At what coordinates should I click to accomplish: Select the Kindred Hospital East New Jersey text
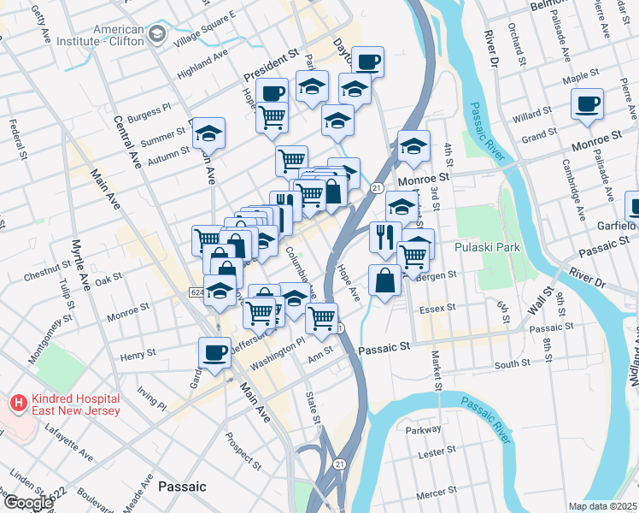[65, 409]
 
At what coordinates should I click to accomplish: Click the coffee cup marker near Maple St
[587, 104]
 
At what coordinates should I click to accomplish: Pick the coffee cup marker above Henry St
[214, 351]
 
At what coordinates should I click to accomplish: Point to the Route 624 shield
[196, 292]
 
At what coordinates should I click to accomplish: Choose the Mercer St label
[437, 492]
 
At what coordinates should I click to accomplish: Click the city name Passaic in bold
[182, 486]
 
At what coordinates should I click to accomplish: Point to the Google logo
[27, 503]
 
